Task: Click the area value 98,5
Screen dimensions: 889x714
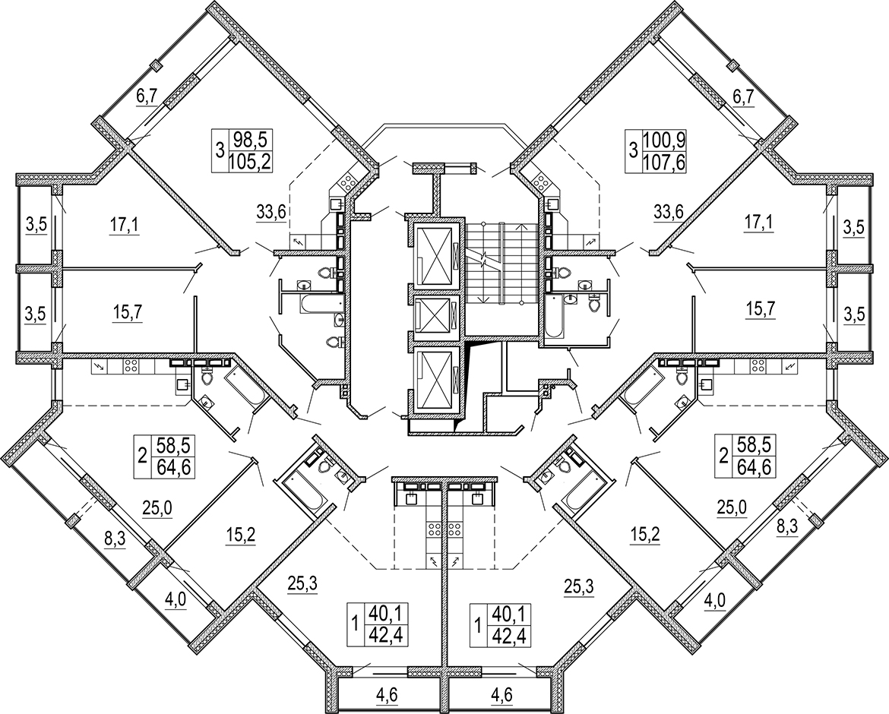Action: click(x=250, y=138)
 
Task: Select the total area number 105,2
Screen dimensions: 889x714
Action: click(x=250, y=163)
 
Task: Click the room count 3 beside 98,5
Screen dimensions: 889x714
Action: click(x=220, y=151)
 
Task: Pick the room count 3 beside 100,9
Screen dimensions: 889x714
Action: click(x=633, y=151)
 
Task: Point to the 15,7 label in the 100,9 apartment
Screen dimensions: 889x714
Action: click(x=760, y=310)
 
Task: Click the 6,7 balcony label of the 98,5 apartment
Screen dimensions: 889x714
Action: click(x=147, y=97)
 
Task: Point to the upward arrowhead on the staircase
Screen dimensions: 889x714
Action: click(x=521, y=226)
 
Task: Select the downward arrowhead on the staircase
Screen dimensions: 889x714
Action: click(x=483, y=299)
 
